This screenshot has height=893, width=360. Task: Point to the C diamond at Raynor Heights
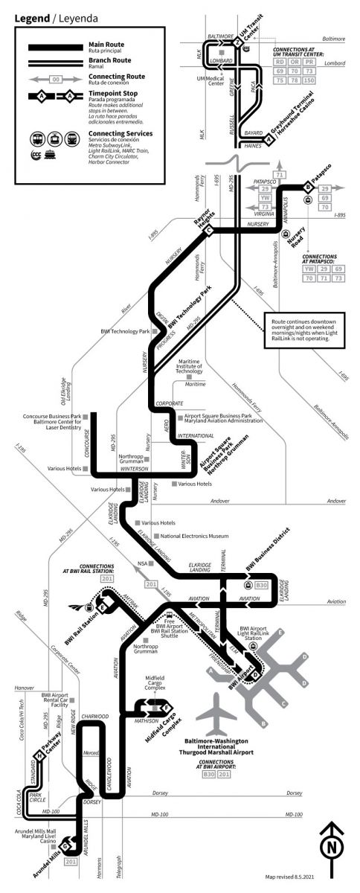(x=209, y=230)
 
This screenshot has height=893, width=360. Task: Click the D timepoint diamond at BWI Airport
(x=255, y=675)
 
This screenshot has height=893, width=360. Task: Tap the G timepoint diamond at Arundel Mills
(x=65, y=845)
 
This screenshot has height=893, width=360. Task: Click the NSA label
(x=143, y=564)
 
